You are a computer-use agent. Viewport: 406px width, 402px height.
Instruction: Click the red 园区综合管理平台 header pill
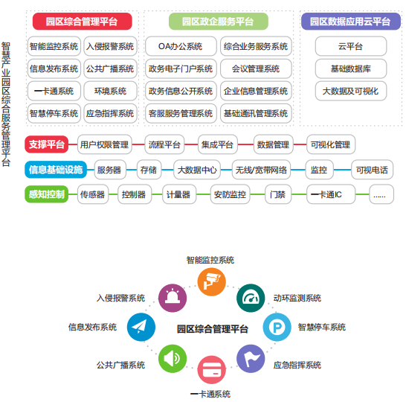point(83,22)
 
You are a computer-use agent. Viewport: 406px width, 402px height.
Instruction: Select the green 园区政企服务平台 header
point(219,22)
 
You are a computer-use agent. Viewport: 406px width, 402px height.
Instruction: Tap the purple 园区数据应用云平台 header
point(350,22)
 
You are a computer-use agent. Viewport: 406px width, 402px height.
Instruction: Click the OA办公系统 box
point(181,46)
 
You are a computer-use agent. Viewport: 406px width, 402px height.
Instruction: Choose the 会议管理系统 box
point(256,68)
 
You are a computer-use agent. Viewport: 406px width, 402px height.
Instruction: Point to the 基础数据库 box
point(351,68)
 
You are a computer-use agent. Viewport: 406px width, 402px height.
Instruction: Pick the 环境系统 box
point(110,91)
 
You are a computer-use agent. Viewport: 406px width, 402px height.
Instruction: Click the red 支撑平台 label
point(47,144)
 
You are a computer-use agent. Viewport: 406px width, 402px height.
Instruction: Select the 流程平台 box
point(164,144)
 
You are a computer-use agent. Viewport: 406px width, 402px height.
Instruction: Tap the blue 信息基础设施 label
point(56,170)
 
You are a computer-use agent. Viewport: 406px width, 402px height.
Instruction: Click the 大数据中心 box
point(197,170)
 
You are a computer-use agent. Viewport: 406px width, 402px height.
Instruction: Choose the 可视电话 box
point(372,170)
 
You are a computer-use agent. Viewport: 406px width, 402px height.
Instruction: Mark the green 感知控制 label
point(47,194)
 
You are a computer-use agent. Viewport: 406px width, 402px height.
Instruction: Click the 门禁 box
point(278,194)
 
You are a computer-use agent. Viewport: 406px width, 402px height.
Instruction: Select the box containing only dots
point(381,194)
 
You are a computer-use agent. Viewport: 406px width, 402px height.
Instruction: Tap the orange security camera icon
point(211,281)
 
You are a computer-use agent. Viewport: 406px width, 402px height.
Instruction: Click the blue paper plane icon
point(141,327)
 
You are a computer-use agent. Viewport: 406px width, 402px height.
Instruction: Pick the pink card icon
point(211,369)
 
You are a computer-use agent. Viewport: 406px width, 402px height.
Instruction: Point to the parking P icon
point(277,327)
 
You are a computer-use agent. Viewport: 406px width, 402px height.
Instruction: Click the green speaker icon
point(173,359)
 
